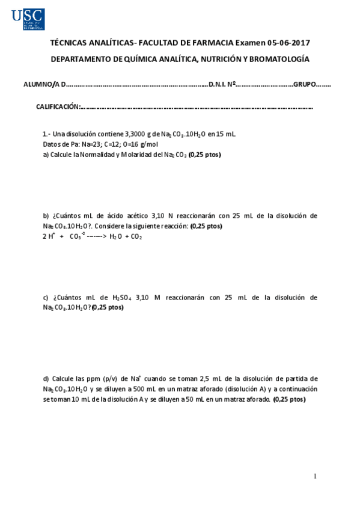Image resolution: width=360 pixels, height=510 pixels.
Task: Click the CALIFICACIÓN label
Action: (x=58, y=106)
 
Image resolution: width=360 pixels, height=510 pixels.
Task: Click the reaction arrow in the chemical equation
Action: (x=96, y=236)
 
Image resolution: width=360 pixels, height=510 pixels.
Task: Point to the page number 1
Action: (x=316, y=477)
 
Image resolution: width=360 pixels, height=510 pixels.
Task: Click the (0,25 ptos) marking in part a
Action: (x=204, y=155)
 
